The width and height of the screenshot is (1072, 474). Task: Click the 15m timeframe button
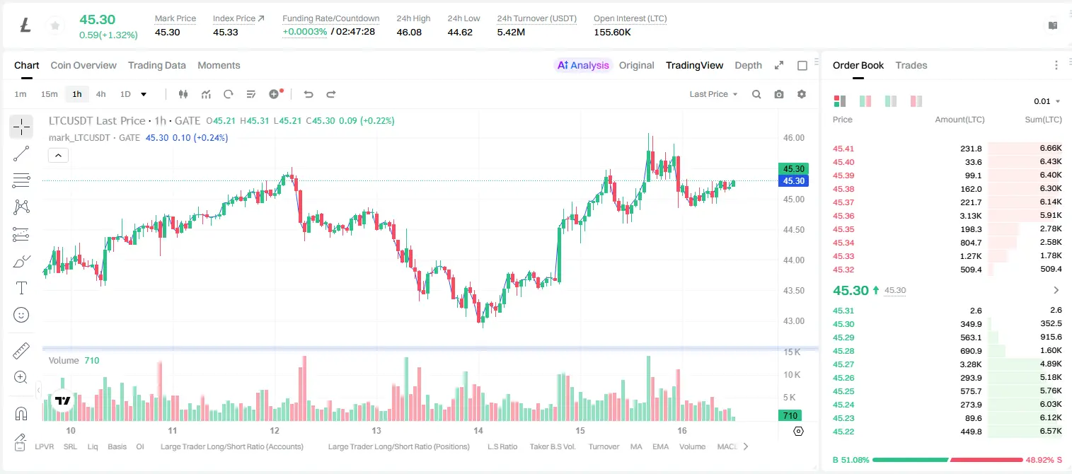[49, 94]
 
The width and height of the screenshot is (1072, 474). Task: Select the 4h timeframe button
[100, 94]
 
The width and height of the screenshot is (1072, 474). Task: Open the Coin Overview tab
[83, 65]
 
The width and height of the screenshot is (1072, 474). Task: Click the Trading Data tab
[156, 65]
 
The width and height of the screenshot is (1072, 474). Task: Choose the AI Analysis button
[583, 65]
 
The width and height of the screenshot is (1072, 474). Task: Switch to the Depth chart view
[748, 65]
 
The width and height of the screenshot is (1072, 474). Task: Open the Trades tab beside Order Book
[911, 65]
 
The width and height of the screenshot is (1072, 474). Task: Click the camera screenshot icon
[779, 94]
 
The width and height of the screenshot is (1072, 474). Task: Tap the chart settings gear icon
[802, 94]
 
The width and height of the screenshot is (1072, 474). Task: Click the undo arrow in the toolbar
[309, 94]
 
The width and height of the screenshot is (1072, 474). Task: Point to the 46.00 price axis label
[793, 138]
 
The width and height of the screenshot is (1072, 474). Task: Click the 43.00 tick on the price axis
[793, 321]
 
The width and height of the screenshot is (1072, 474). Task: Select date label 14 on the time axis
[478, 430]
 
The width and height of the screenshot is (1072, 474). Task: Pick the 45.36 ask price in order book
[843, 216]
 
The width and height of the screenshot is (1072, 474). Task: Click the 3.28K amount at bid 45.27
[970, 364]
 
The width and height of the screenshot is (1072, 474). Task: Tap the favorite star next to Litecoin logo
[55, 25]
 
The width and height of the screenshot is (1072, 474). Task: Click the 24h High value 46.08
[409, 32]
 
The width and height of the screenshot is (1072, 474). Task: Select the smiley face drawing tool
[21, 315]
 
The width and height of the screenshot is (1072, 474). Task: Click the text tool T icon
[21, 288]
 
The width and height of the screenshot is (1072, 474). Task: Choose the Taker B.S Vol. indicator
[552, 446]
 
